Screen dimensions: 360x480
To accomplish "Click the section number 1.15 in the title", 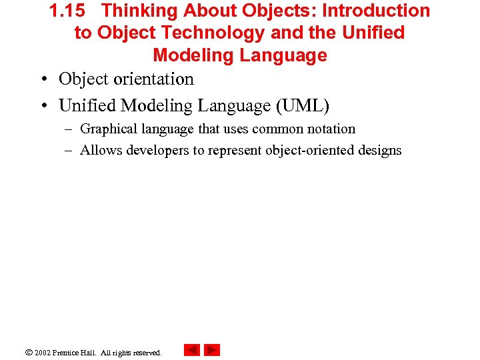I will (x=67, y=11).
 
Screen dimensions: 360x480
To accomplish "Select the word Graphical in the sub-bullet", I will (x=109, y=129).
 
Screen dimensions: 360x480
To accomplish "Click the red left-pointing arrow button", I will (x=192, y=350).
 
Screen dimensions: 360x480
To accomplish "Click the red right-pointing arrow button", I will (x=212, y=350).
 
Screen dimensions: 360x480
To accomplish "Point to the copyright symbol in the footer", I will (x=29, y=352).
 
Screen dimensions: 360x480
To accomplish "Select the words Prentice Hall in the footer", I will (x=75, y=353).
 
